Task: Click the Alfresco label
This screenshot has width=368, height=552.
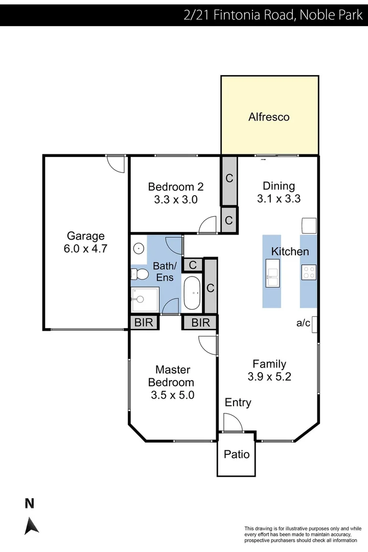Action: click(x=269, y=117)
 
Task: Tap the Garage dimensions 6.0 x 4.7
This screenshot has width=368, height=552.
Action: click(x=86, y=249)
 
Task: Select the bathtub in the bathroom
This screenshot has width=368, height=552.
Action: click(x=192, y=293)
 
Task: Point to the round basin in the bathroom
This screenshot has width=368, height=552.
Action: click(x=138, y=248)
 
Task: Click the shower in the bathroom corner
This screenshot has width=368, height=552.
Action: click(x=145, y=300)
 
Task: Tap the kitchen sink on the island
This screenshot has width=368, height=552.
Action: click(x=272, y=272)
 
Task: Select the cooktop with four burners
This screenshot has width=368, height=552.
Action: click(x=308, y=272)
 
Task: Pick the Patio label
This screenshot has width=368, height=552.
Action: click(x=237, y=454)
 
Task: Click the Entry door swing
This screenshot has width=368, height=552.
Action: click(x=233, y=423)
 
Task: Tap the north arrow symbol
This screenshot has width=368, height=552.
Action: click(x=31, y=525)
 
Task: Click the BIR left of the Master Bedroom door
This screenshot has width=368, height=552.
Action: click(x=144, y=323)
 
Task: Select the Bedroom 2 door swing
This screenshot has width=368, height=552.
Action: click(x=208, y=224)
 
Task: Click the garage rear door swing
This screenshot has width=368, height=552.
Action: click(x=116, y=164)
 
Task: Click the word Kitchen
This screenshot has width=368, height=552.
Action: click(x=290, y=251)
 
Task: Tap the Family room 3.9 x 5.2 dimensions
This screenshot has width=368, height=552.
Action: click(x=269, y=377)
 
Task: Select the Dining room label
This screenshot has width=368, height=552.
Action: click(x=279, y=186)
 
